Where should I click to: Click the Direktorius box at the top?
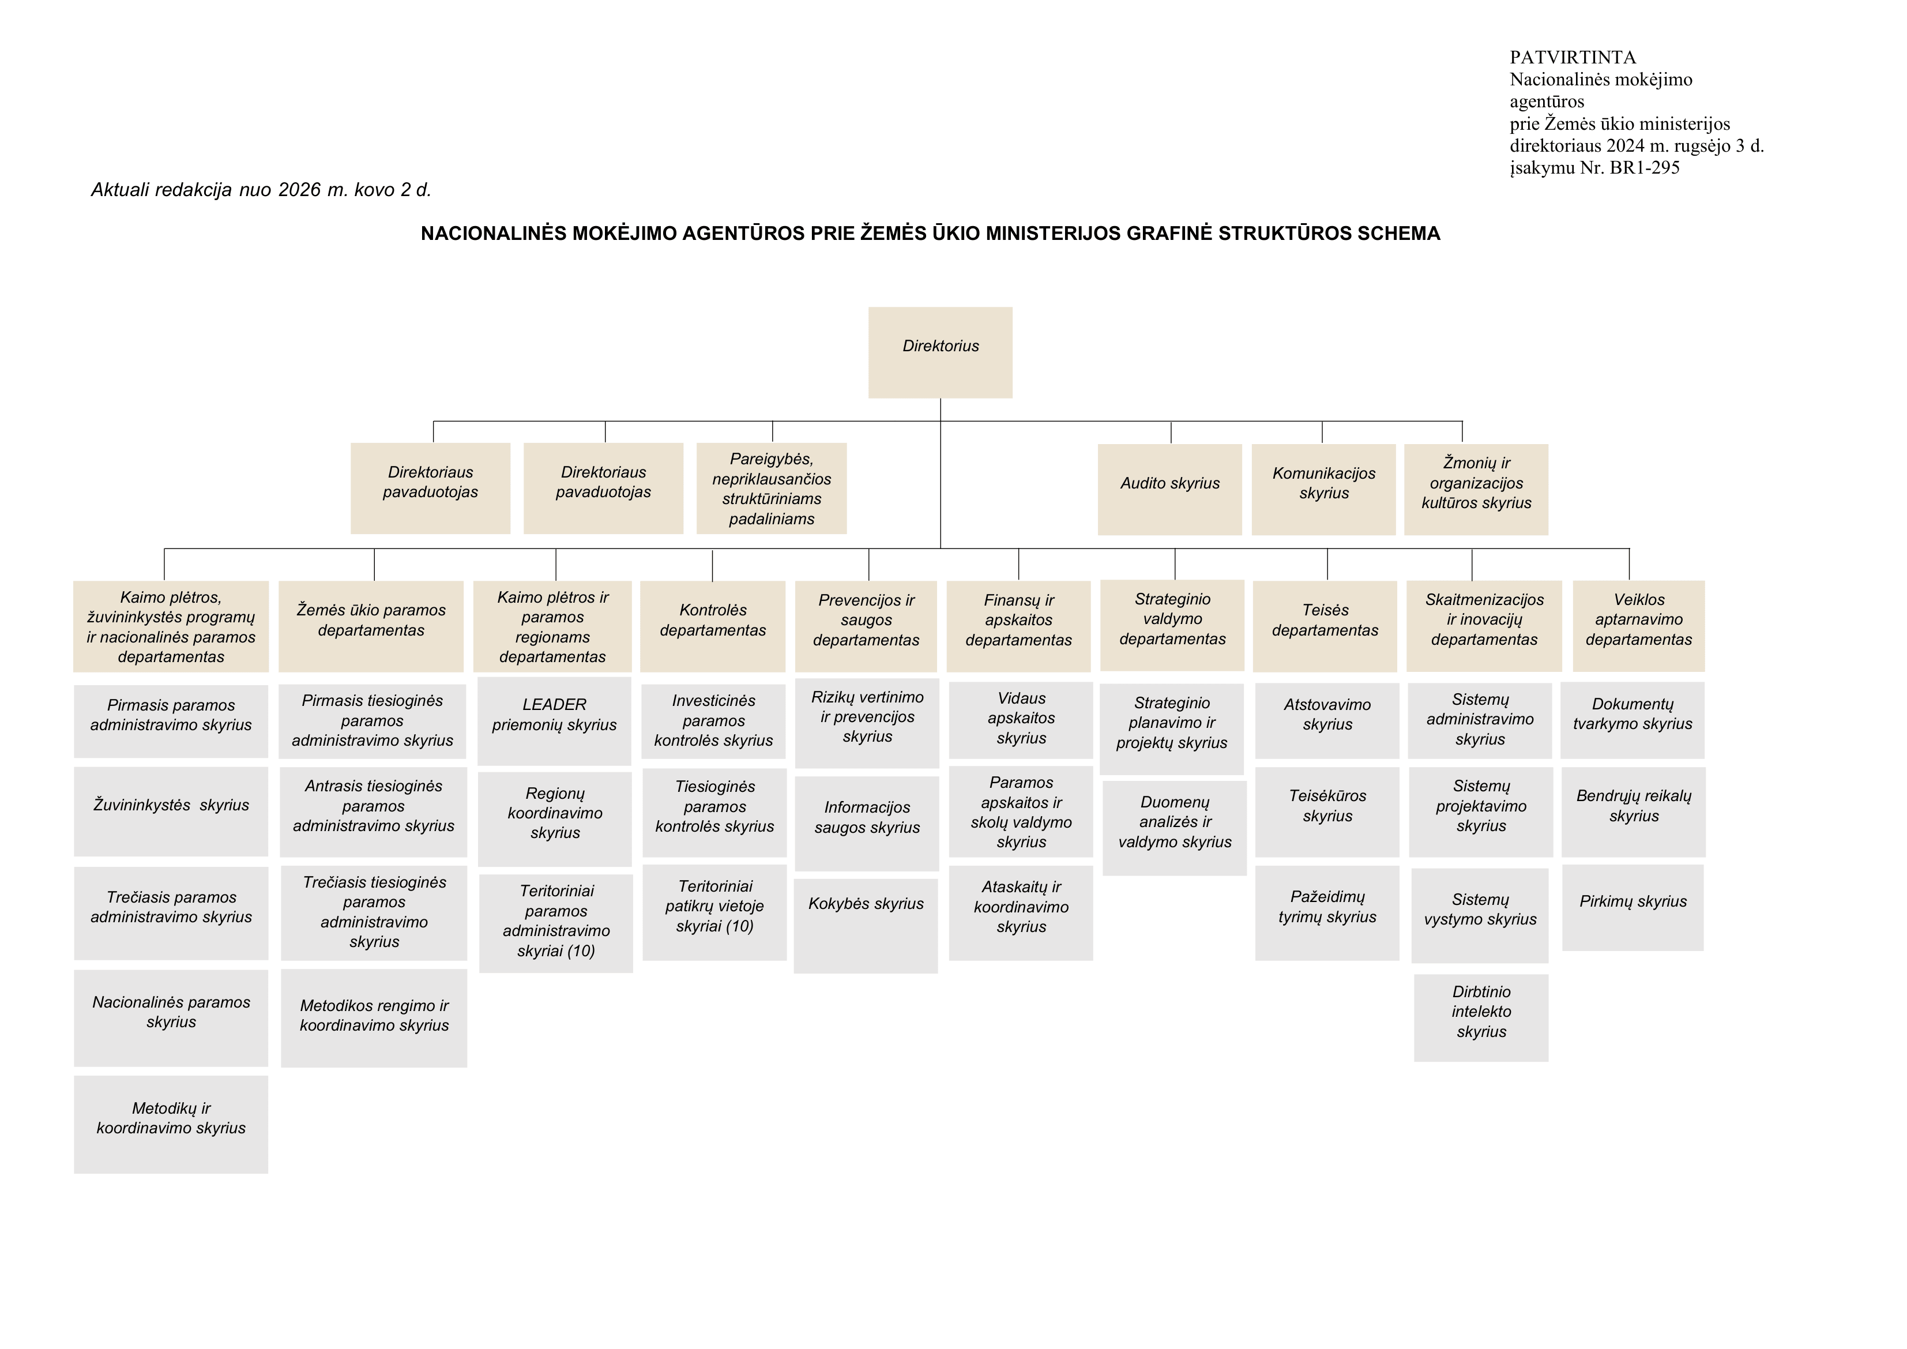click(940, 352)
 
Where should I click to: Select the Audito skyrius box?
click(1169, 489)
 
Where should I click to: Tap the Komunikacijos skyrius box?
click(1323, 489)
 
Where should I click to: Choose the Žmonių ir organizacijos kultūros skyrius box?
click(1476, 489)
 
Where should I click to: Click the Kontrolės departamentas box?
click(713, 626)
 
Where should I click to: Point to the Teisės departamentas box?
click(1325, 626)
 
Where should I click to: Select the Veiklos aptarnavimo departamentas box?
click(1639, 626)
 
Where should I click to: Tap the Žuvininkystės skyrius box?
click(171, 811)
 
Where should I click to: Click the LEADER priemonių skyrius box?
click(554, 721)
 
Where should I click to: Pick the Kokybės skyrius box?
click(866, 926)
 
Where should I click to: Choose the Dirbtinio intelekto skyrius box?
click(1481, 1017)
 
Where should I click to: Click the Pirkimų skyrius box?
click(1633, 908)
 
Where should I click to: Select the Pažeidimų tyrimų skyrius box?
click(1327, 913)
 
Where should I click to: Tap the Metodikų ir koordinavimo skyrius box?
click(171, 1125)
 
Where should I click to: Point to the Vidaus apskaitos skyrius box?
click(1021, 720)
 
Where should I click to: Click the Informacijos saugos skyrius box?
click(867, 823)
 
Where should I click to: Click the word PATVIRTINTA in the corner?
click(1573, 57)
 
